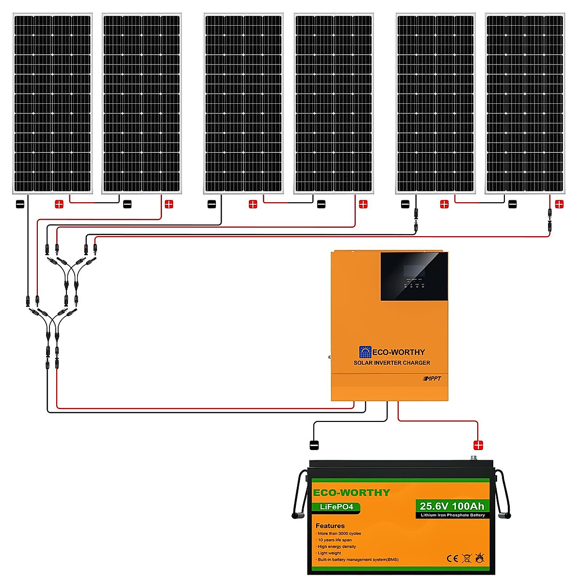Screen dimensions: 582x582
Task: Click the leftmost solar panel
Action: (x=52, y=103)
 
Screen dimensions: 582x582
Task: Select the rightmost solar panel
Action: (x=525, y=103)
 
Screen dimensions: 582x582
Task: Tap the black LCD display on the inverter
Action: (x=414, y=276)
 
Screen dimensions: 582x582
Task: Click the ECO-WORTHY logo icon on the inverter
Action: (x=365, y=352)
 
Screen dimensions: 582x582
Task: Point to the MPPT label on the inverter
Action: (x=433, y=379)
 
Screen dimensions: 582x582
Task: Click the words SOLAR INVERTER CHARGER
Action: (x=391, y=363)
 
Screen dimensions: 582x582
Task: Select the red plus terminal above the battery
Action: (x=478, y=445)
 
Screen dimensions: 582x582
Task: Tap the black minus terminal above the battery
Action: (x=314, y=445)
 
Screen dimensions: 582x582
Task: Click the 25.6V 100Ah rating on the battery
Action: (x=452, y=506)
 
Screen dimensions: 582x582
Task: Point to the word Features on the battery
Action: (x=330, y=526)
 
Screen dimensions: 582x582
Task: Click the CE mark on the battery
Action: (x=452, y=558)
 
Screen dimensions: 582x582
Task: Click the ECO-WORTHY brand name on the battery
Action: (x=351, y=493)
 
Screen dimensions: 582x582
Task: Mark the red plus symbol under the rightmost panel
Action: (x=559, y=204)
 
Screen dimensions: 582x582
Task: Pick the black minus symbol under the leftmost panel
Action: (x=20, y=204)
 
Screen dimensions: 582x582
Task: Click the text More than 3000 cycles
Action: (x=339, y=533)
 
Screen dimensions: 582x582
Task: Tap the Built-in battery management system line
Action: (x=358, y=560)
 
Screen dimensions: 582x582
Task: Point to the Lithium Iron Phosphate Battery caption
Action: (x=453, y=515)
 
